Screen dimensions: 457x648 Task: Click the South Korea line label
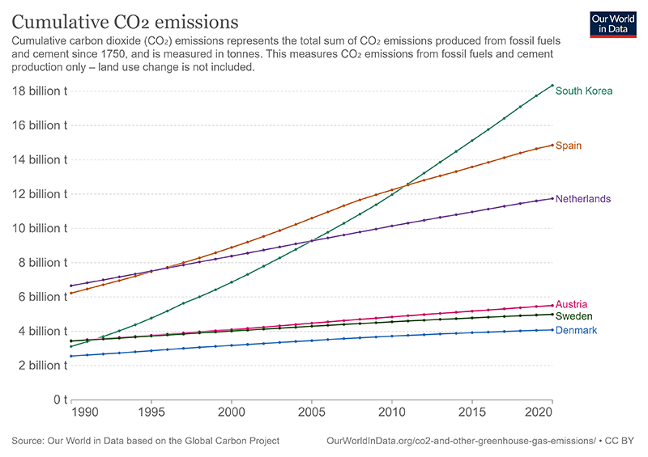(x=583, y=91)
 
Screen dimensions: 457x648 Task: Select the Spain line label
(x=569, y=146)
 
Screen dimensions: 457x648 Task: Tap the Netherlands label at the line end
(x=583, y=199)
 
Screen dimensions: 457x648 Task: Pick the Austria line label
(x=570, y=304)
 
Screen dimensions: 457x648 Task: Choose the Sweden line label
(x=573, y=316)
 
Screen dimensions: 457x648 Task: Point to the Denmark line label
(x=576, y=331)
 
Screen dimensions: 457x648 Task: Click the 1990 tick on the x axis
(x=87, y=413)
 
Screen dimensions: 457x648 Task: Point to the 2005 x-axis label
(x=312, y=413)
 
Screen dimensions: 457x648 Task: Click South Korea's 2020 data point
(x=552, y=86)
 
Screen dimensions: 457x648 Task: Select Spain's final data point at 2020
(x=552, y=146)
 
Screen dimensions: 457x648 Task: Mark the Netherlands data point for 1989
(x=71, y=286)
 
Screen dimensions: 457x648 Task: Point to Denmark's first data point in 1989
(x=71, y=356)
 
